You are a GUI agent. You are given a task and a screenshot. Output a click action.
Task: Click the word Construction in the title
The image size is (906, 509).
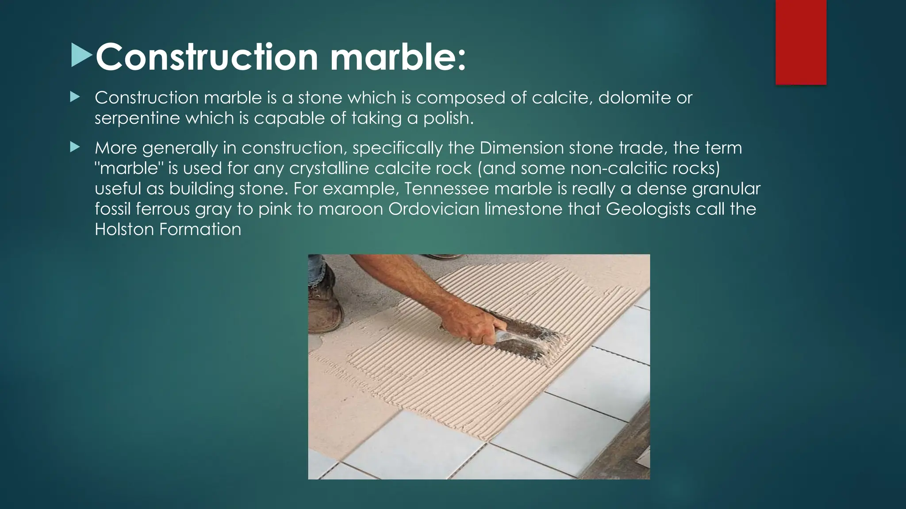206,57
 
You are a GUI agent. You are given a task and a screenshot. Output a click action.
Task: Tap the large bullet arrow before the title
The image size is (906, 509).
82,56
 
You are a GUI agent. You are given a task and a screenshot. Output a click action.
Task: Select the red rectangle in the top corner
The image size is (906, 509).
801,42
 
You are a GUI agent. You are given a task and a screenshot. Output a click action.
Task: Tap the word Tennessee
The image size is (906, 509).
446,189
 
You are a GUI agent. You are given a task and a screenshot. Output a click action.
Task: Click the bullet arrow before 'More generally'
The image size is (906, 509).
74,147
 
